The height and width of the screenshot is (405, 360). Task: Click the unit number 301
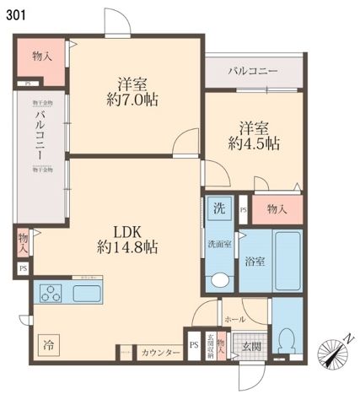15,14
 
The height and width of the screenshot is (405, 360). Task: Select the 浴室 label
255,261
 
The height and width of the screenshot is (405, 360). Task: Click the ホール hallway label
234,321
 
